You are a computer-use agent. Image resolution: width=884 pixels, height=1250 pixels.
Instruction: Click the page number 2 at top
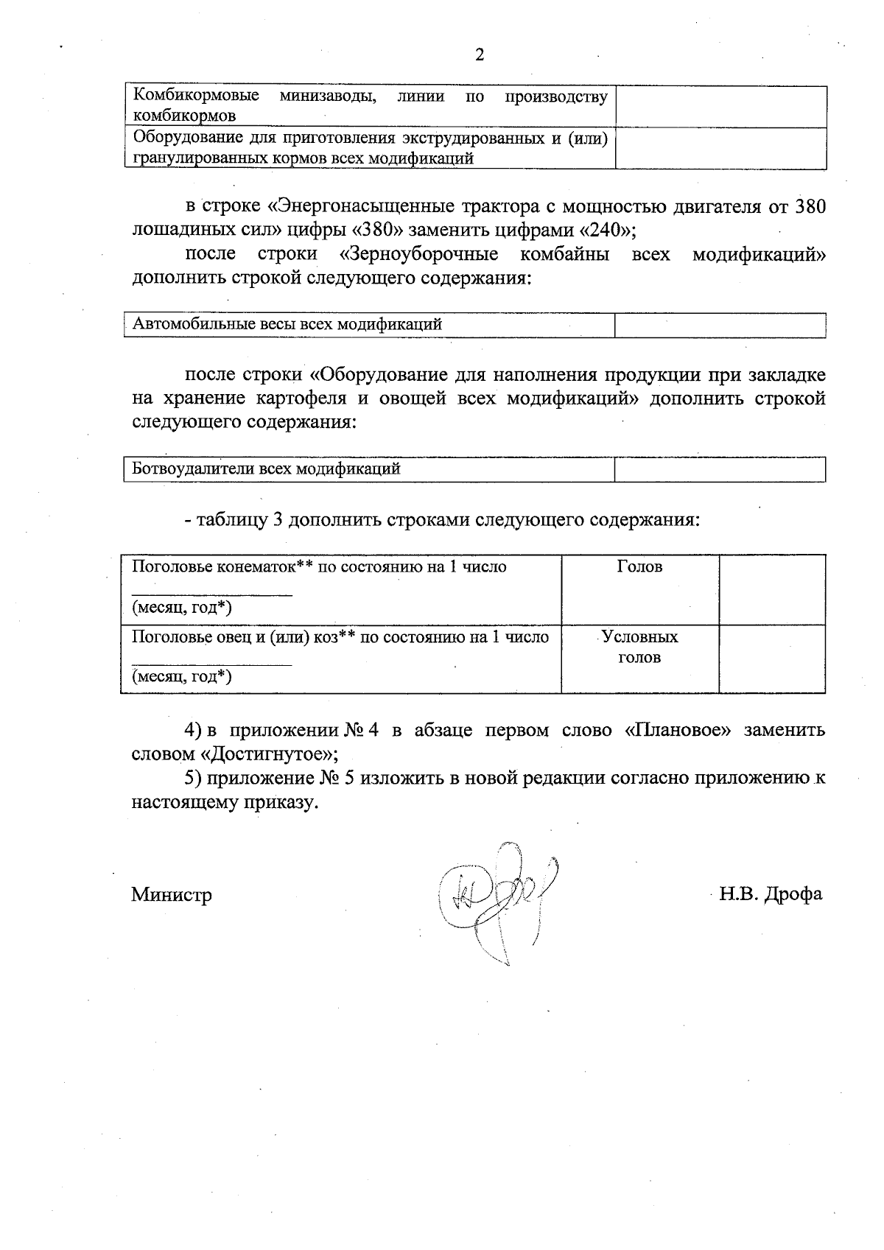pyautogui.click(x=480, y=55)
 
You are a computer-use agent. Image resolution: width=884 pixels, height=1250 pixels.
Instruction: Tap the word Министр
pyautogui.click(x=172, y=895)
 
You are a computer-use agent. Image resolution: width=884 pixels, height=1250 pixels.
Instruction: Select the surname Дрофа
pyautogui.click(x=793, y=894)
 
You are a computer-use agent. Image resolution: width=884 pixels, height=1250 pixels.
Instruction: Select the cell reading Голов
pyautogui.click(x=639, y=566)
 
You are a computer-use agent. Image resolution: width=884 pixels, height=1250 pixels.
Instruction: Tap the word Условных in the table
pyautogui.click(x=639, y=636)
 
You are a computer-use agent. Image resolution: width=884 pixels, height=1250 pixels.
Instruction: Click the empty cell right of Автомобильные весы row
pyautogui.click(x=720, y=325)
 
